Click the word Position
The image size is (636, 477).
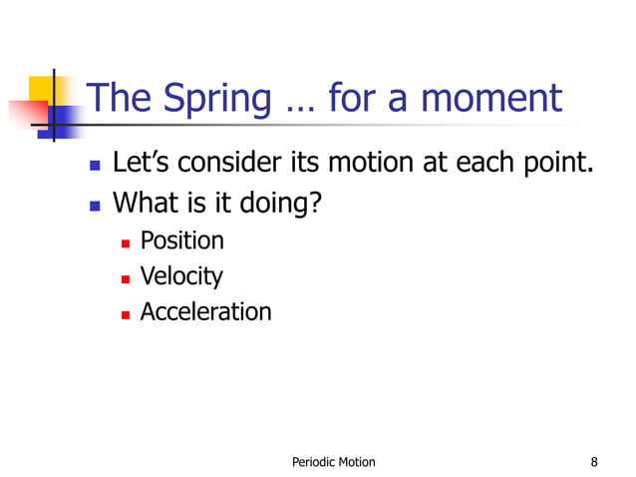click(181, 241)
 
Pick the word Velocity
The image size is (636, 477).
click(181, 276)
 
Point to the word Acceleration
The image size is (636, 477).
click(205, 311)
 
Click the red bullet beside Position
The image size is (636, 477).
click(126, 242)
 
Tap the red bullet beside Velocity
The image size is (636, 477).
click(126, 277)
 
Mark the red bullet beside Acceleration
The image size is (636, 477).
click(126, 313)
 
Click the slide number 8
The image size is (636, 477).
click(594, 461)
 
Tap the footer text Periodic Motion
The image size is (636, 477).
click(333, 461)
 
